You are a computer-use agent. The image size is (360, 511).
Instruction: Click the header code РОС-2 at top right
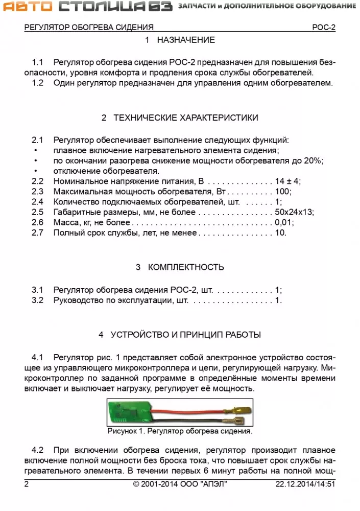click(324, 28)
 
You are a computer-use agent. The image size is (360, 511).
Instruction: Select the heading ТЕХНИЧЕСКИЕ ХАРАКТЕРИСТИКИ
click(186, 118)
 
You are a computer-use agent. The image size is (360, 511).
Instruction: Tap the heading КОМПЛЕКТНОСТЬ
click(186, 267)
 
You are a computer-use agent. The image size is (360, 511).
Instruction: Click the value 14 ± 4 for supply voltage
click(288, 181)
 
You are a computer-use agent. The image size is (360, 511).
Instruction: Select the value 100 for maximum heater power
click(282, 192)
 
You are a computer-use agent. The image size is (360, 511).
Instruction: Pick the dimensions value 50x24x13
click(294, 212)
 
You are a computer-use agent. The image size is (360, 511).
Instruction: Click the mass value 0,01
click(284, 223)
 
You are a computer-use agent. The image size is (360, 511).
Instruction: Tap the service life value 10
click(280, 233)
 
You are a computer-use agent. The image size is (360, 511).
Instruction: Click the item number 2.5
click(38, 212)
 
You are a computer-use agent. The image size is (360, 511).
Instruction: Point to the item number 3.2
click(38, 300)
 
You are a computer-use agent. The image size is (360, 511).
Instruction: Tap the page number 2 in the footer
click(27, 484)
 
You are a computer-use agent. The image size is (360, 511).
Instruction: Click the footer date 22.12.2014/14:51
click(305, 484)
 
